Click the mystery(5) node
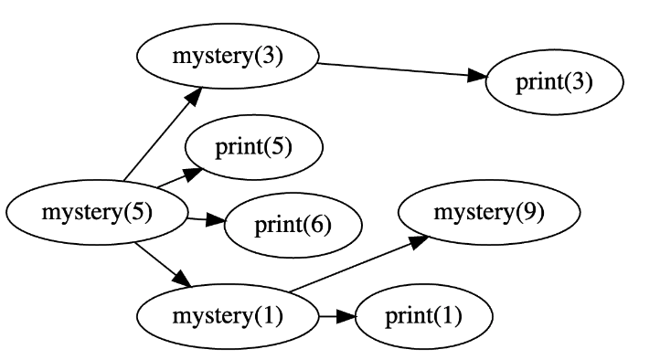click(x=96, y=213)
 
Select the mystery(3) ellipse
click(x=228, y=56)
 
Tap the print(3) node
click(x=554, y=82)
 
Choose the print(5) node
click(x=253, y=147)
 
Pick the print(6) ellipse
click(x=293, y=224)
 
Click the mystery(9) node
click(x=489, y=213)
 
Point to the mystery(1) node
click(x=228, y=317)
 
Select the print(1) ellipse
click(x=423, y=317)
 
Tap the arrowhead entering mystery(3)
click(x=196, y=93)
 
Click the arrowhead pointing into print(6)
click(x=215, y=220)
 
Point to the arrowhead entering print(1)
click(x=345, y=317)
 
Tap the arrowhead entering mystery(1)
click(x=183, y=281)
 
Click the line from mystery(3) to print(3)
click(x=393, y=70)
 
